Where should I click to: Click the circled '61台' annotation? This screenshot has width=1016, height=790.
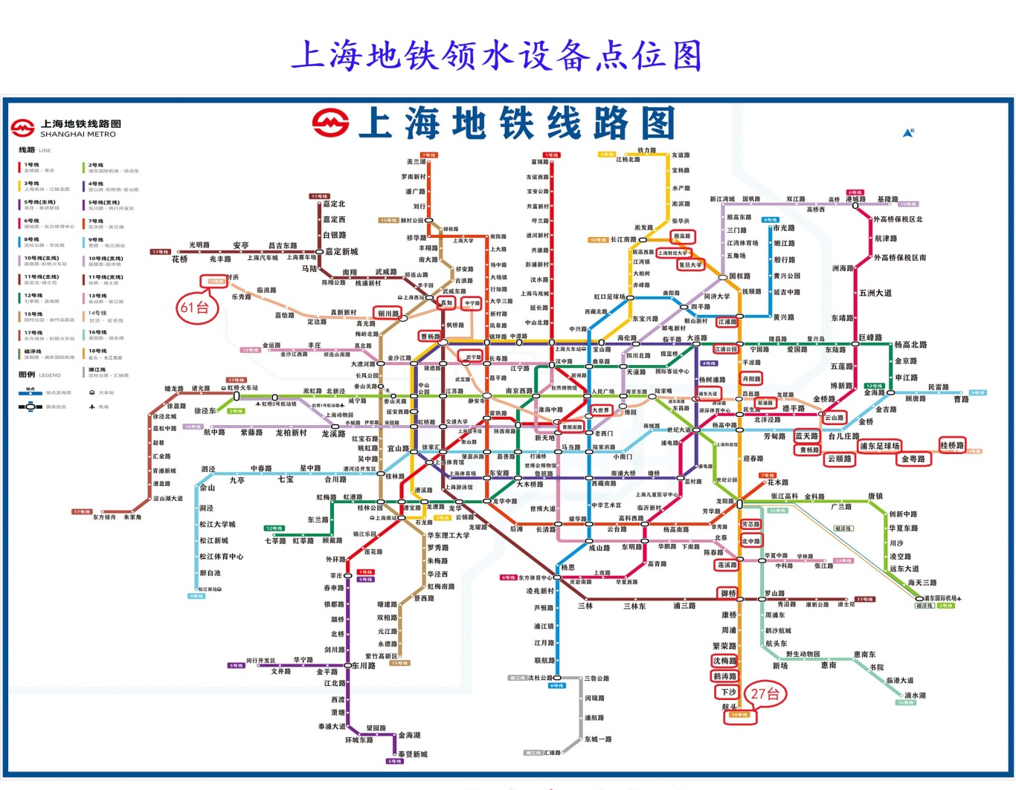coord(196,308)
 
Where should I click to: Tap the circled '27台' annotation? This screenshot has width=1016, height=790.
coord(765,694)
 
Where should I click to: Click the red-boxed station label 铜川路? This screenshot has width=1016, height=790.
coord(388,314)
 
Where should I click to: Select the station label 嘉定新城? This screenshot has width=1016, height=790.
coord(341,251)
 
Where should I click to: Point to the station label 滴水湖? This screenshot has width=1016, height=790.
coord(916,696)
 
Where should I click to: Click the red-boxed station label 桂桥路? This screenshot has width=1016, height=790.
coord(952,445)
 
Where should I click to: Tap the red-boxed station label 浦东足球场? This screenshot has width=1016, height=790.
coord(879,446)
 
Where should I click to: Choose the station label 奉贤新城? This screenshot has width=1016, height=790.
coord(413,754)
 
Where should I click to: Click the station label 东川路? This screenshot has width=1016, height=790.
coord(364,666)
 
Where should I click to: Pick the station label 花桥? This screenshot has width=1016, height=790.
coord(180,259)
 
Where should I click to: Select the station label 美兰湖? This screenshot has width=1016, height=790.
coord(416,161)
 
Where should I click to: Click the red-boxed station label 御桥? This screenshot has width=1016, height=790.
coord(728,593)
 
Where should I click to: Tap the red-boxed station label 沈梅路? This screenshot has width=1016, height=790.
coord(725,661)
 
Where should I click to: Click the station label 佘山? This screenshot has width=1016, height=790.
coord(208,488)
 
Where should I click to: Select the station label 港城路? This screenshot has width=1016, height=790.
coord(856,199)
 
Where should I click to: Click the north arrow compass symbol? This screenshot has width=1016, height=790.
coord(908,132)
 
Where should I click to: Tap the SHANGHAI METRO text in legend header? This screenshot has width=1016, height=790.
coord(78,135)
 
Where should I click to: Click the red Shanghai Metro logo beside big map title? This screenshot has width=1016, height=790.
coord(330,123)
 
